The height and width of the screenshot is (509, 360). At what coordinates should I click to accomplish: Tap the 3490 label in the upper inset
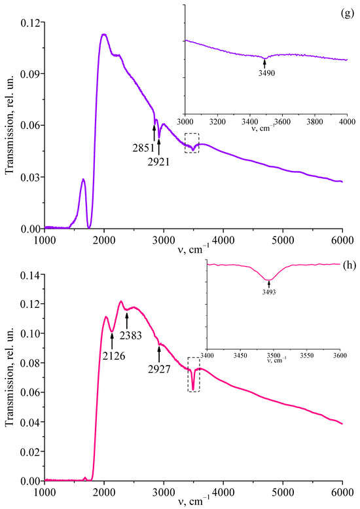point(265,73)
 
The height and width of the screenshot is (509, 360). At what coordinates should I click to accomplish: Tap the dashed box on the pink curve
point(193,375)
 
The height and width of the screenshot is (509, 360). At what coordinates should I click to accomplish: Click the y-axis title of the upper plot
point(9,124)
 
